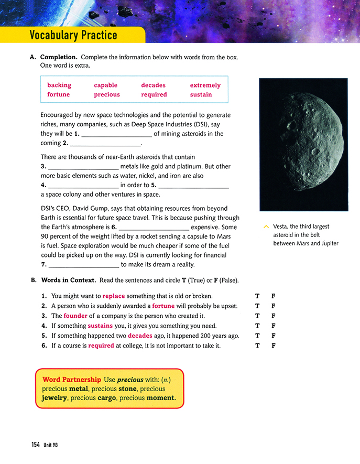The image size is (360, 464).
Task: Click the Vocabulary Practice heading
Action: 73,36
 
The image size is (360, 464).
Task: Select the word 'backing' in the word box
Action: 59,85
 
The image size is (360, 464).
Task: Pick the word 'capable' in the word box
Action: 105,85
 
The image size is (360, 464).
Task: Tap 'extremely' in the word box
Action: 205,85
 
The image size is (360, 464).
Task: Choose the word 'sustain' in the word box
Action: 201,94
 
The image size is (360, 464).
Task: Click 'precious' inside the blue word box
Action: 107,94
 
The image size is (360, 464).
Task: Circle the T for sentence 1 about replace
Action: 257,296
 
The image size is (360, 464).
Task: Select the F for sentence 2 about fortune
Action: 274,306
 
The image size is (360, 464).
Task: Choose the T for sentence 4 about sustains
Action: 257,326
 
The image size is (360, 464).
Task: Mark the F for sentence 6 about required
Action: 274,346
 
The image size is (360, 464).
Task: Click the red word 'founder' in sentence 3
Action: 75,316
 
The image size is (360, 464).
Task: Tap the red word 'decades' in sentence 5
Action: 140,336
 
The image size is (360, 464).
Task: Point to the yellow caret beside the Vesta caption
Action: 266,227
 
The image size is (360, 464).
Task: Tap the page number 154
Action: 35,445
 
